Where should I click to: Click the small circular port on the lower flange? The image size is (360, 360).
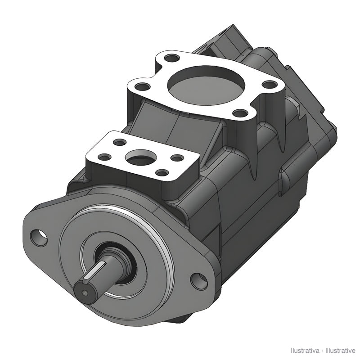[x=141, y=157]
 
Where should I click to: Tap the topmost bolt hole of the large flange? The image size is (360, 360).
[x=172, y=58]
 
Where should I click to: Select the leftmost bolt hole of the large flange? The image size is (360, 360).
[x=142, y=87]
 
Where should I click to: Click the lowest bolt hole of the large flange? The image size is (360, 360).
[x=240, y=113]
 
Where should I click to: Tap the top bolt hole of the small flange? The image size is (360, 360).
[x=120, y=142]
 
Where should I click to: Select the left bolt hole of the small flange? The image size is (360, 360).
[x=104, y=157]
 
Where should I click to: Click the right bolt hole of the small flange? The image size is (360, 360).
[x=177, y=158]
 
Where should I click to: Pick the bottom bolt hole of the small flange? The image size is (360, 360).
[x=162, y=172]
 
